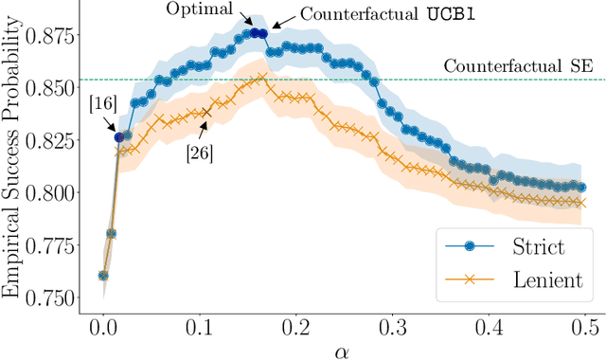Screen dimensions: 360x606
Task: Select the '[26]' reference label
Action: (x=199, y=153)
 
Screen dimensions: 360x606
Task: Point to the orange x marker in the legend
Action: (x=463, y=279)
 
